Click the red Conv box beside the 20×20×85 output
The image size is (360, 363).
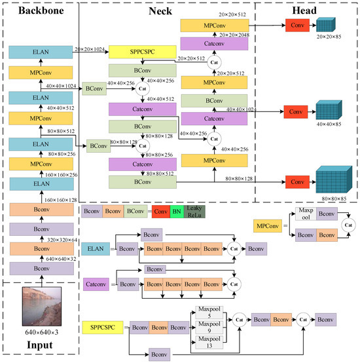(x=297, y=25)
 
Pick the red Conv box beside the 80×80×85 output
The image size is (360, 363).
(x=297, y=180)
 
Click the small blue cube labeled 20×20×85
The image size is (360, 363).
(x=326, y=25)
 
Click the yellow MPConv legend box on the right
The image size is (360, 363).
(x=270, y=227)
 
